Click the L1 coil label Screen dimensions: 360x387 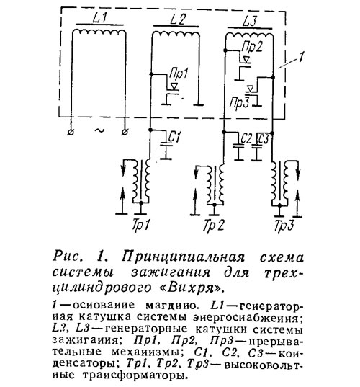click(100, 18)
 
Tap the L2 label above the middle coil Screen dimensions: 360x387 click(177, 19)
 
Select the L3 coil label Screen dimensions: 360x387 click(251, 21)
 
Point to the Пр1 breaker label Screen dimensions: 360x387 click(179, 73)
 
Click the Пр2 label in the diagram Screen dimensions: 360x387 click(252, 47)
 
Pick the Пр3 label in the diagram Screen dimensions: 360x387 click(240, 103)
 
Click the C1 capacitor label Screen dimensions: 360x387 click(174, 137)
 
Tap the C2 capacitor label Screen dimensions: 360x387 click(246, 139)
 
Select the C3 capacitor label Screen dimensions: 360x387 click(263, 139)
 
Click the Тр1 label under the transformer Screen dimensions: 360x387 click(141, 225)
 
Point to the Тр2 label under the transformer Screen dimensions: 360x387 click(214, 225)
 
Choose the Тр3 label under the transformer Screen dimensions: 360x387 click(284, 225)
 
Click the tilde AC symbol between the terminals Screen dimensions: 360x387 click(99, 130)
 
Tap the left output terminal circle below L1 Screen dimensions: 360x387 click(71, 133)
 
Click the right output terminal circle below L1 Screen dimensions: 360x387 click(125, 133)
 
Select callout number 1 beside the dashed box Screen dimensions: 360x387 click(301, 56)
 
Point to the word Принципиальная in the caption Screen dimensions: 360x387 click(183, 257)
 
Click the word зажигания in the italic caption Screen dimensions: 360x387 click(171, 272)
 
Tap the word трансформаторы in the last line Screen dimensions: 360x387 click(133, 375)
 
